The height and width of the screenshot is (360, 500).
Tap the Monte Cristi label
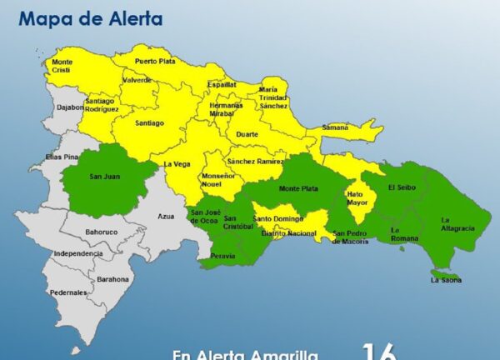tap(62, 66)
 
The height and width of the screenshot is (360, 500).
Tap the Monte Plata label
tap(298, 189)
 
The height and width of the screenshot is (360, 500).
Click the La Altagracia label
tap(457, 223)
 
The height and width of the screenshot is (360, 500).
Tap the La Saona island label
tap(447, 281)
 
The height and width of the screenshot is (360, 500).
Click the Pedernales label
tap(68, 292)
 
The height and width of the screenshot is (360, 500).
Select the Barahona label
tap(112, 279)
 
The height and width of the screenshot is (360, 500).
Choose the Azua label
tap(167, 216)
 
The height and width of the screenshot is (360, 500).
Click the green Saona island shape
tap(444, 272)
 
